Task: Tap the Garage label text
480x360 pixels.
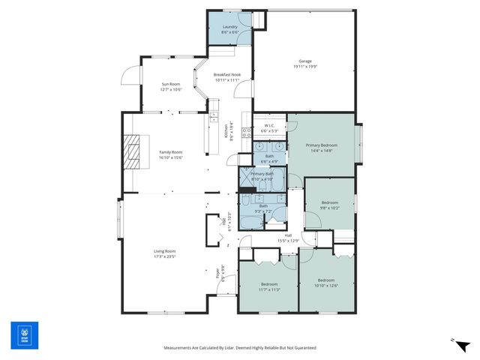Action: (x=305, y=61)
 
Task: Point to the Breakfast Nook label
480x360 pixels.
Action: (x=226, y=75)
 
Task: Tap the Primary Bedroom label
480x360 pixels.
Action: (x=321, y=145)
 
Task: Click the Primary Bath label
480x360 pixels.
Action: (x=262, y=174)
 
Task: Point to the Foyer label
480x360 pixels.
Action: (x=218, y=274)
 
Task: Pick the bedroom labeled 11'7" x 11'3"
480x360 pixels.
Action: (x=270, y=286)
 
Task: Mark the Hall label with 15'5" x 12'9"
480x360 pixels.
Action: (x=288, y=237)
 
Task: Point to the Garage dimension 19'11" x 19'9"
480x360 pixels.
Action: (x=305, y=67)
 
